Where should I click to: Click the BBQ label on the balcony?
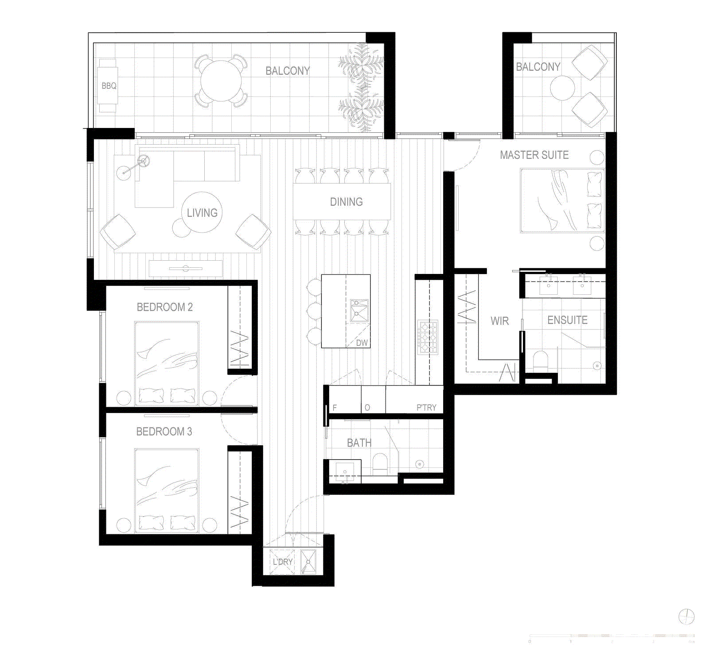[x=109, y=86]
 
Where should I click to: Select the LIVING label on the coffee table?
[x=202, y=213]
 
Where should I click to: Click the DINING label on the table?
[x=346, y=202]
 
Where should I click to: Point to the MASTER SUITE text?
[x=534, y=155]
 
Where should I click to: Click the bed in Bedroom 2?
[x=167, y=363]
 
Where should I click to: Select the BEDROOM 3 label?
[x=164, y=432]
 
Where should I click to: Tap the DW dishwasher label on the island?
[x=362, y=343]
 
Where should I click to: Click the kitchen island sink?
[x=359, y=311]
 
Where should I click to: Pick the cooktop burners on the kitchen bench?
[x=428, y=337]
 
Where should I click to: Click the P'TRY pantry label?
[x=426, y=407]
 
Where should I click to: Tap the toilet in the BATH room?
[x=380, y=463]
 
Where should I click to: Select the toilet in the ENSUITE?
[x=540, y=359]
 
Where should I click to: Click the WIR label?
[x=499, y=321]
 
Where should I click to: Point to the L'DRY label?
[x=282, y=562]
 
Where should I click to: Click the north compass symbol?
[x=686, y=616]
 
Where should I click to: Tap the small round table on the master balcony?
[x=562, y=88]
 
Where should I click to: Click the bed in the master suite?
[x=562, y=200]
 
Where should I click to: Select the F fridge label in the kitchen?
[x=335, y=407]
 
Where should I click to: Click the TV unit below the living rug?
[x=186, y=268]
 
